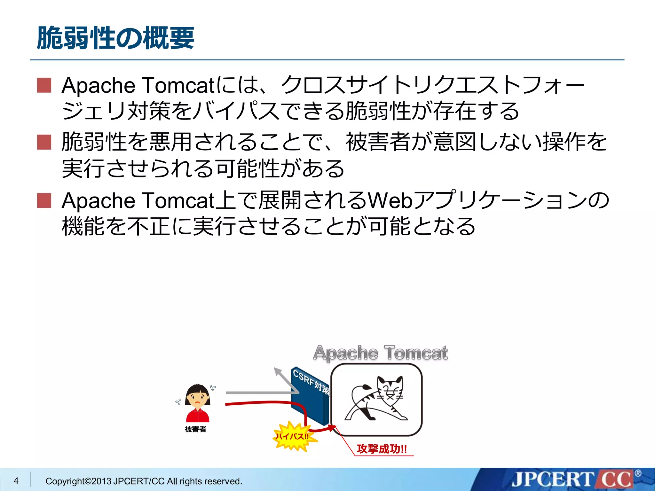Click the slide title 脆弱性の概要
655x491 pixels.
point(115,38)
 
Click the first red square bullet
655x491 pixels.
point(44,85)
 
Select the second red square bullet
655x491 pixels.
point(44,142)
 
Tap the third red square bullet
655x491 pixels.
point(44,200)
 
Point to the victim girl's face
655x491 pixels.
point(198,398)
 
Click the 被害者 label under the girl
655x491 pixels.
point(195,429)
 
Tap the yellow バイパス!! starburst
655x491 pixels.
point(292,436)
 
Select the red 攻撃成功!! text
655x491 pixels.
point(382,449)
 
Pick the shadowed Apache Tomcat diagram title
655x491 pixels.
point(380,353)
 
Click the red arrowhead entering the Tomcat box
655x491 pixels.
point(332,427)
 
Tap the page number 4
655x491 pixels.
point(16,480)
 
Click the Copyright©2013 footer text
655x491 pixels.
point(144,481)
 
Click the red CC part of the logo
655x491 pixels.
point(616,480)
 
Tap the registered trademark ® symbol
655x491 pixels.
point(638,473)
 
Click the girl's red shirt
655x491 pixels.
point(198,416)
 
